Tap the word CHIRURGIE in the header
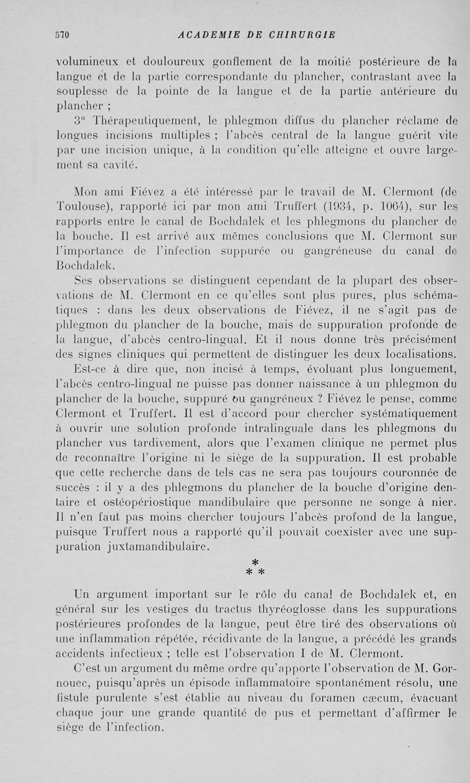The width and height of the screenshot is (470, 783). coord(302,35)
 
